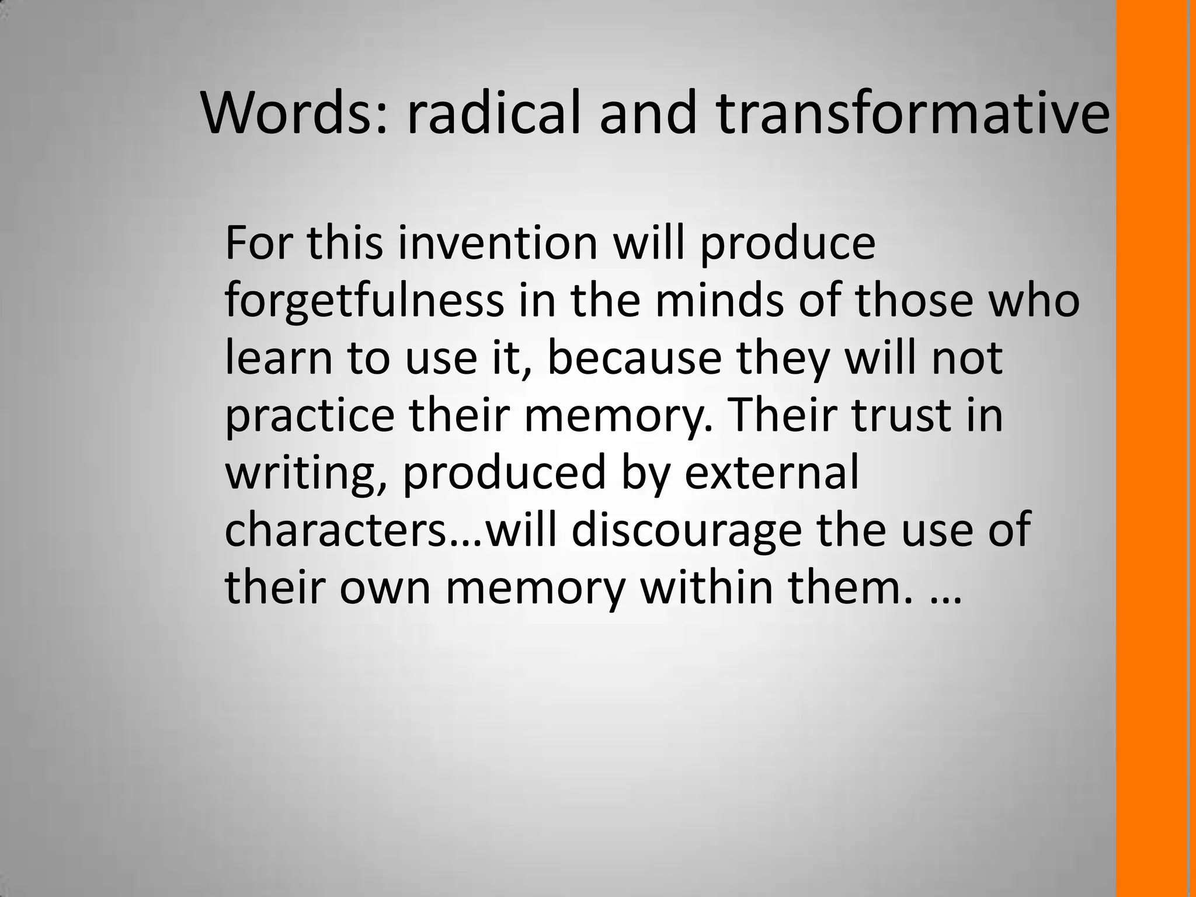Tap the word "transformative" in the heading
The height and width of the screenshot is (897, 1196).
pyautogui.click(x=912, y=113)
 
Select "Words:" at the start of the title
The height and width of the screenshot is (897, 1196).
pyautogui.click(x=294, y=113)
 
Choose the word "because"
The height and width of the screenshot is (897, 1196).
pyautogui.click(x=635, y=357)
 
